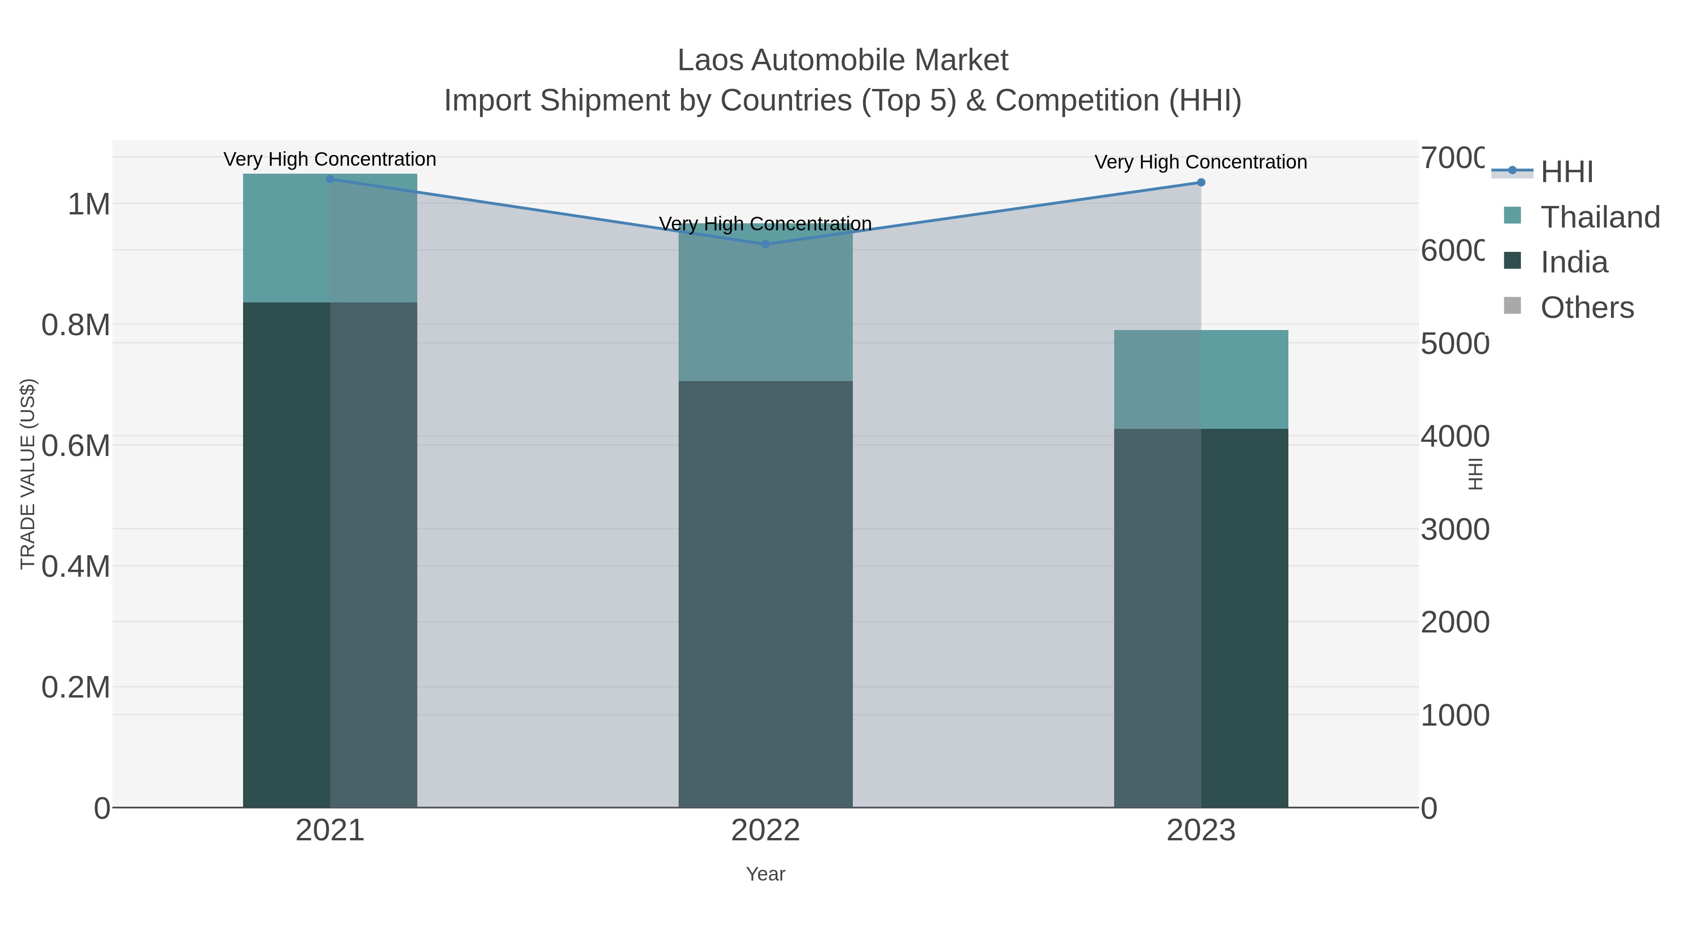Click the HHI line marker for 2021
coord(330,179)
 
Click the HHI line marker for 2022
coord(765,244)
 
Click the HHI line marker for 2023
coord(1201,183)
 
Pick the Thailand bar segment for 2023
coord(1201,380)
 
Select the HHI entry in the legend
coord(1566,172)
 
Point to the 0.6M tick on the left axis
coord(75,446)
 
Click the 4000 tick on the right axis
coord(1454,436)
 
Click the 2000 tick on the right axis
coord(1454,622)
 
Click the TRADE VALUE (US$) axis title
coord(28,474)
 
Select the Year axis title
coord(765,874)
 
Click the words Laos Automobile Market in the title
coord(843,60)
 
